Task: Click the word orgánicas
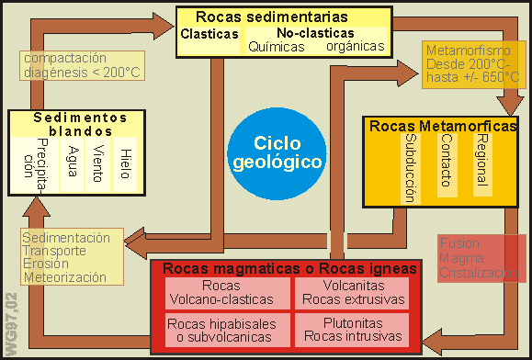click(353, 46)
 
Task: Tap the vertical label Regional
click(481, 159)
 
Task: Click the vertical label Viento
click(97, 163)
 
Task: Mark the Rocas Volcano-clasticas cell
click(220, 291)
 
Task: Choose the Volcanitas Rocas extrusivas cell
click(349, 291)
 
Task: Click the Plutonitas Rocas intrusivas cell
click(349, 330)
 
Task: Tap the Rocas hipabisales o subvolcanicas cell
click(220, 330)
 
